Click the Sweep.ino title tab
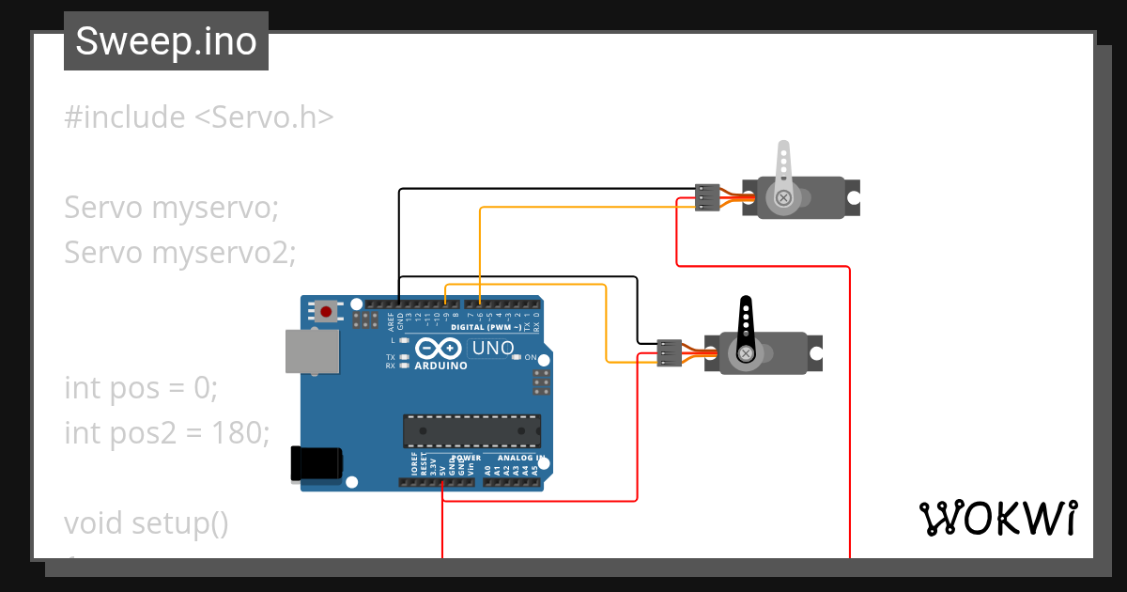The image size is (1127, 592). coord(166,41)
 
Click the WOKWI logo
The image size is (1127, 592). coord(997,519)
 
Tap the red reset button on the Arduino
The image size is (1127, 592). coord(326,311)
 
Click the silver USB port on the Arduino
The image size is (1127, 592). coord(313,351)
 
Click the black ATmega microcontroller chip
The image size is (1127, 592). coord(471,430)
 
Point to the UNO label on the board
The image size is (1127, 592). coord(493,349)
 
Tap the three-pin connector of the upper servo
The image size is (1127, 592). coord(707,197)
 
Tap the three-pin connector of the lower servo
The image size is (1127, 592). coord(669,352)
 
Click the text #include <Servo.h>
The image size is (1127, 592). coord(199,117)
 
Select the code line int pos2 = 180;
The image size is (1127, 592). coord(167,432)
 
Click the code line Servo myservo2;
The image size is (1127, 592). coord(180,252)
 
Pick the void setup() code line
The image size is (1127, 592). coord(147,522)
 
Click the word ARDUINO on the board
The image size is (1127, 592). coord(440,366)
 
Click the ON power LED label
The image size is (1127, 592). coord(531,358)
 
